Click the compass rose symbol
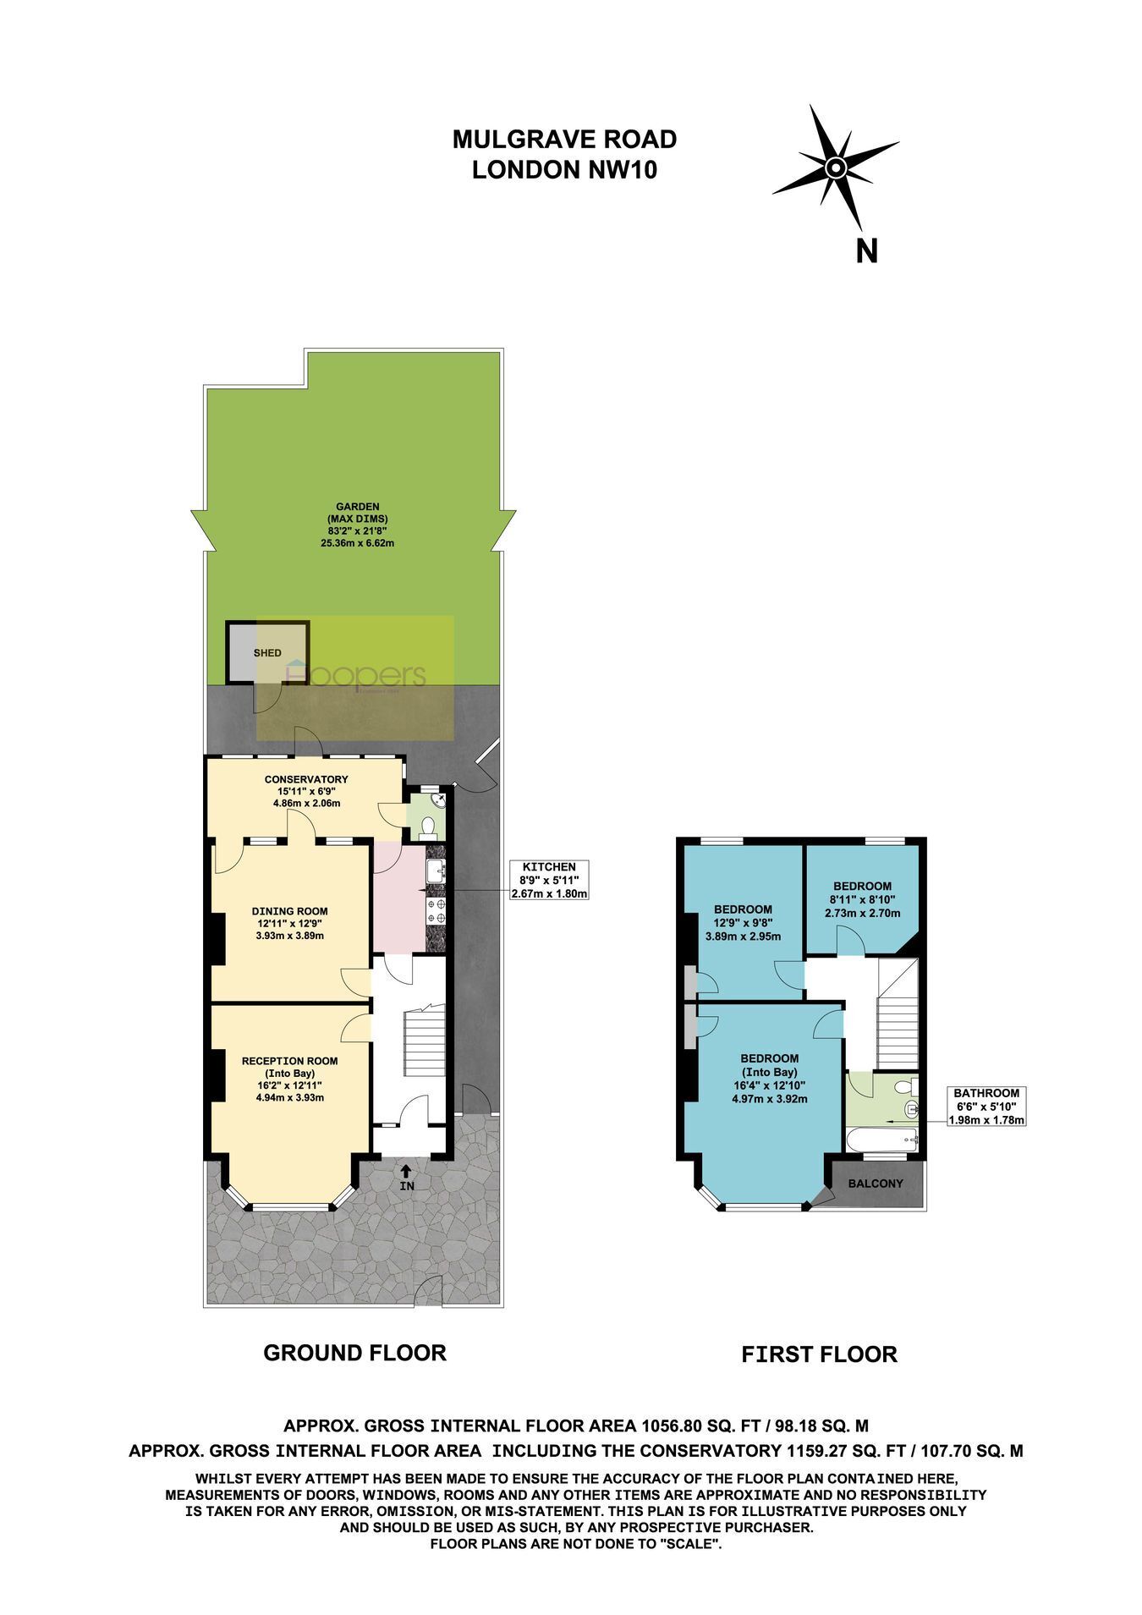click(835, 167)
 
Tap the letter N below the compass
click(866, 251)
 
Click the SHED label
click(267, 653)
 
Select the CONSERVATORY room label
click(306, 779)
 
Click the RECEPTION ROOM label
click(289, 1061)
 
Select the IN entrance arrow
click(407, 1177)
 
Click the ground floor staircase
click(423, 1039)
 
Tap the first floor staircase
click(897, 1013)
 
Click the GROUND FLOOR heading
click(354, 1352)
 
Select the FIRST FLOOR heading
click(819, 1354)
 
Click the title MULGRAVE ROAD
click(564, 139)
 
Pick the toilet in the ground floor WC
click(429, 824)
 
